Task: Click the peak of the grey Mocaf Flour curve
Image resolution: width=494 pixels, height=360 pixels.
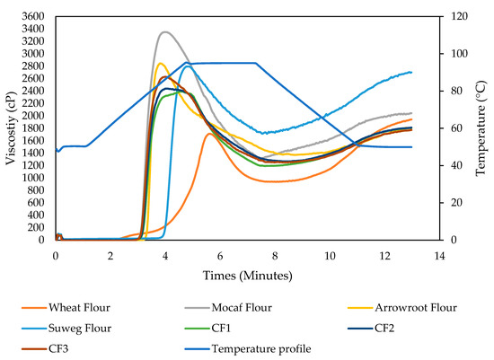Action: pos(164,32)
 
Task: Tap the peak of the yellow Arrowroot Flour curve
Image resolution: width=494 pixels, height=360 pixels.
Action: pos(160,63)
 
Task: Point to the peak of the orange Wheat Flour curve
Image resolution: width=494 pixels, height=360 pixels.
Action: pos(208,134)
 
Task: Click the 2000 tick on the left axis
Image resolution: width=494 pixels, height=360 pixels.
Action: pos(34,116)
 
